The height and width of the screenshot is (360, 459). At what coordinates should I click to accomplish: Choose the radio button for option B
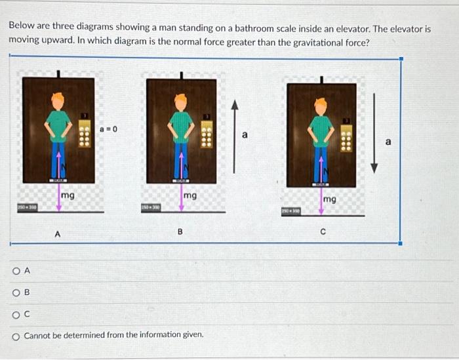click(15, 292)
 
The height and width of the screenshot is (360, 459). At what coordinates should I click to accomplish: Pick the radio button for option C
click(15, 314)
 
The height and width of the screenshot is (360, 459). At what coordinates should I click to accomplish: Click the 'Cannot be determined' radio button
click(15, 336)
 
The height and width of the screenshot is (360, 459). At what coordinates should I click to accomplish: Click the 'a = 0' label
click(108, 129)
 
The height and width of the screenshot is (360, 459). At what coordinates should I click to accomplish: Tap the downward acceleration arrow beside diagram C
click(374, 132)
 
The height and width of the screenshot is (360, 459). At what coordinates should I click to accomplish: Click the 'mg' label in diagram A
click(68, 195)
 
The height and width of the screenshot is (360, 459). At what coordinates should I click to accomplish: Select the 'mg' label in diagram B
click(190, 195)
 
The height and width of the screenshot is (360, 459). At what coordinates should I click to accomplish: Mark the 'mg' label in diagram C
click(329, 198)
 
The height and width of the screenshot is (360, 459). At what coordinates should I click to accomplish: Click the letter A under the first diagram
click(58, 232)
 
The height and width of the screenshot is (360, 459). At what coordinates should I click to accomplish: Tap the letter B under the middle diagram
click(180, 232)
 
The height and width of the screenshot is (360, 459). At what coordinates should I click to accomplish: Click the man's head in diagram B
click(180, 102)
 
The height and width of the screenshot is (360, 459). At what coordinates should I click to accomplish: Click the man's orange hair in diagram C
click(321, 103)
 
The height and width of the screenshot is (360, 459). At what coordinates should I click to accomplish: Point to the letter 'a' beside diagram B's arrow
click(245, 135)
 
